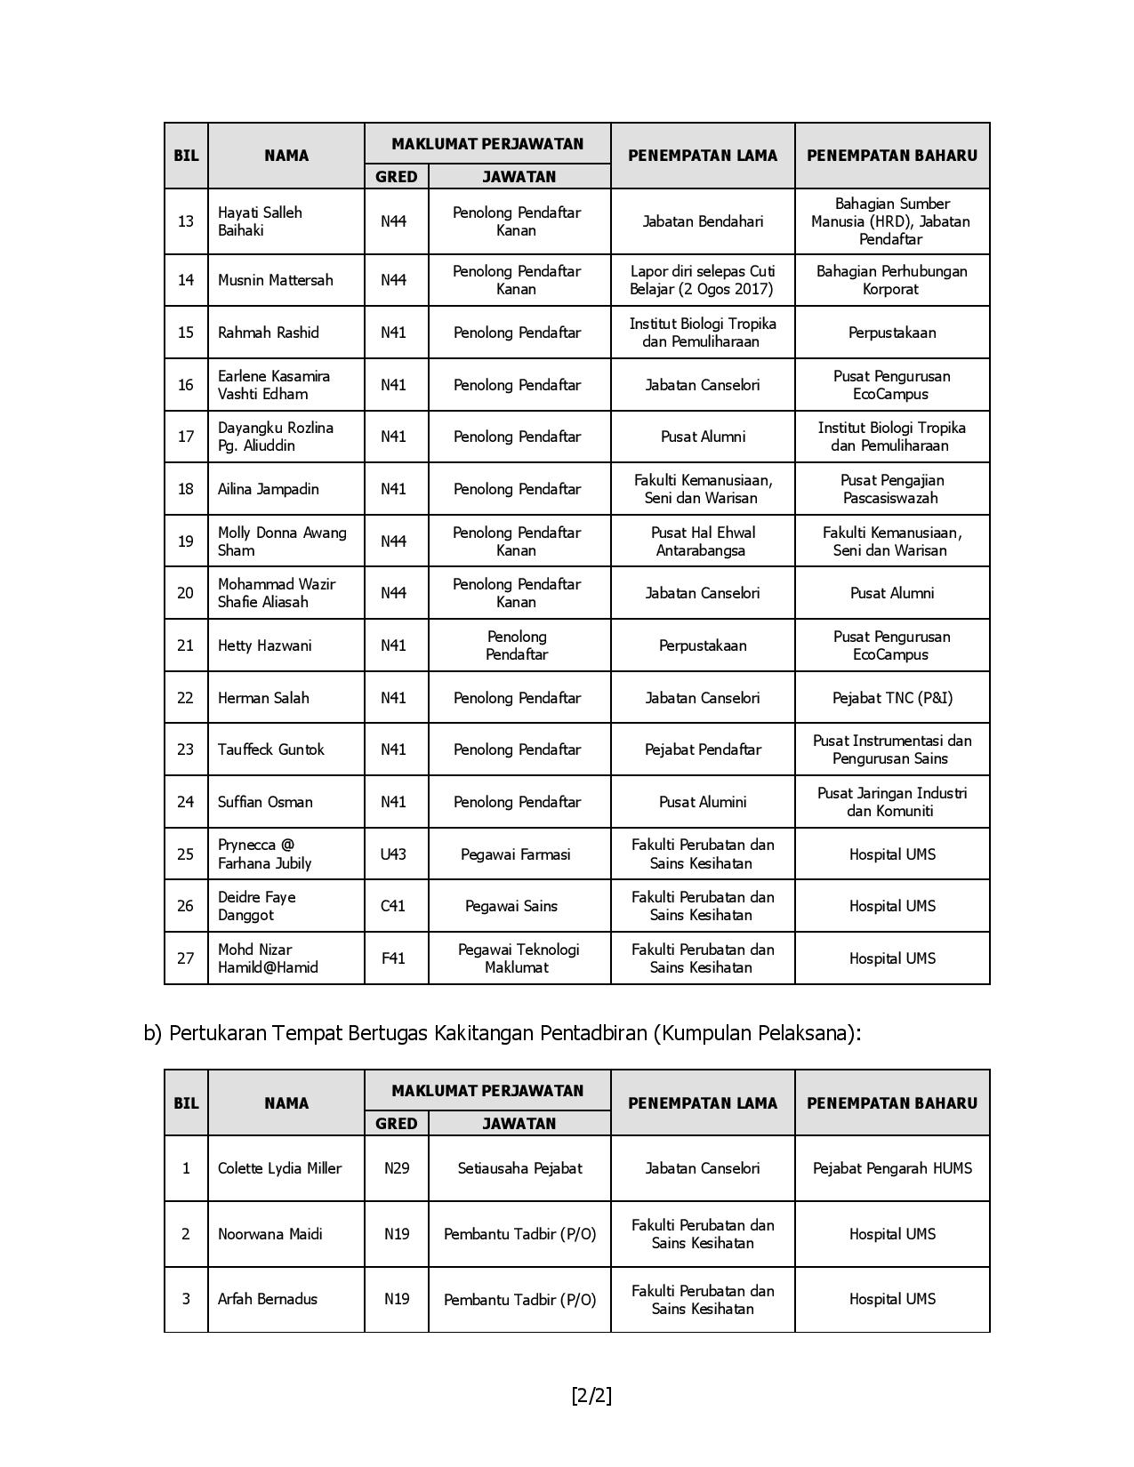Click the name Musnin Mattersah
pos(275,280)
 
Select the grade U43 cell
pos(393,854)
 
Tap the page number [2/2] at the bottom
pos(591,1395)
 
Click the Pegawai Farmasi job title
pos(516,854)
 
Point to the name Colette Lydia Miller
pos(279,1168)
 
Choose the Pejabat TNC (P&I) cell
pos(892,698)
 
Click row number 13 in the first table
pos(186,221)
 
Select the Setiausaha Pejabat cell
pos(519,1168)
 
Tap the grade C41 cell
pos(393,906)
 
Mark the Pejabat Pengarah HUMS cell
pos(892,1168)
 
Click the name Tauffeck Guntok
pos(271,750)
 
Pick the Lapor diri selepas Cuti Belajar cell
pos(703,280)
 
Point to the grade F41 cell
pos(393,958)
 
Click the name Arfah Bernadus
pos(267,1299)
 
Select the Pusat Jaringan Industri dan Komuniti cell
pos(892,802)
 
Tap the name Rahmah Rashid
pos(268,333)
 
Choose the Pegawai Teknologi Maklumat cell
pos(519,958)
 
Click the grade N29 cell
pos(397,1168)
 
